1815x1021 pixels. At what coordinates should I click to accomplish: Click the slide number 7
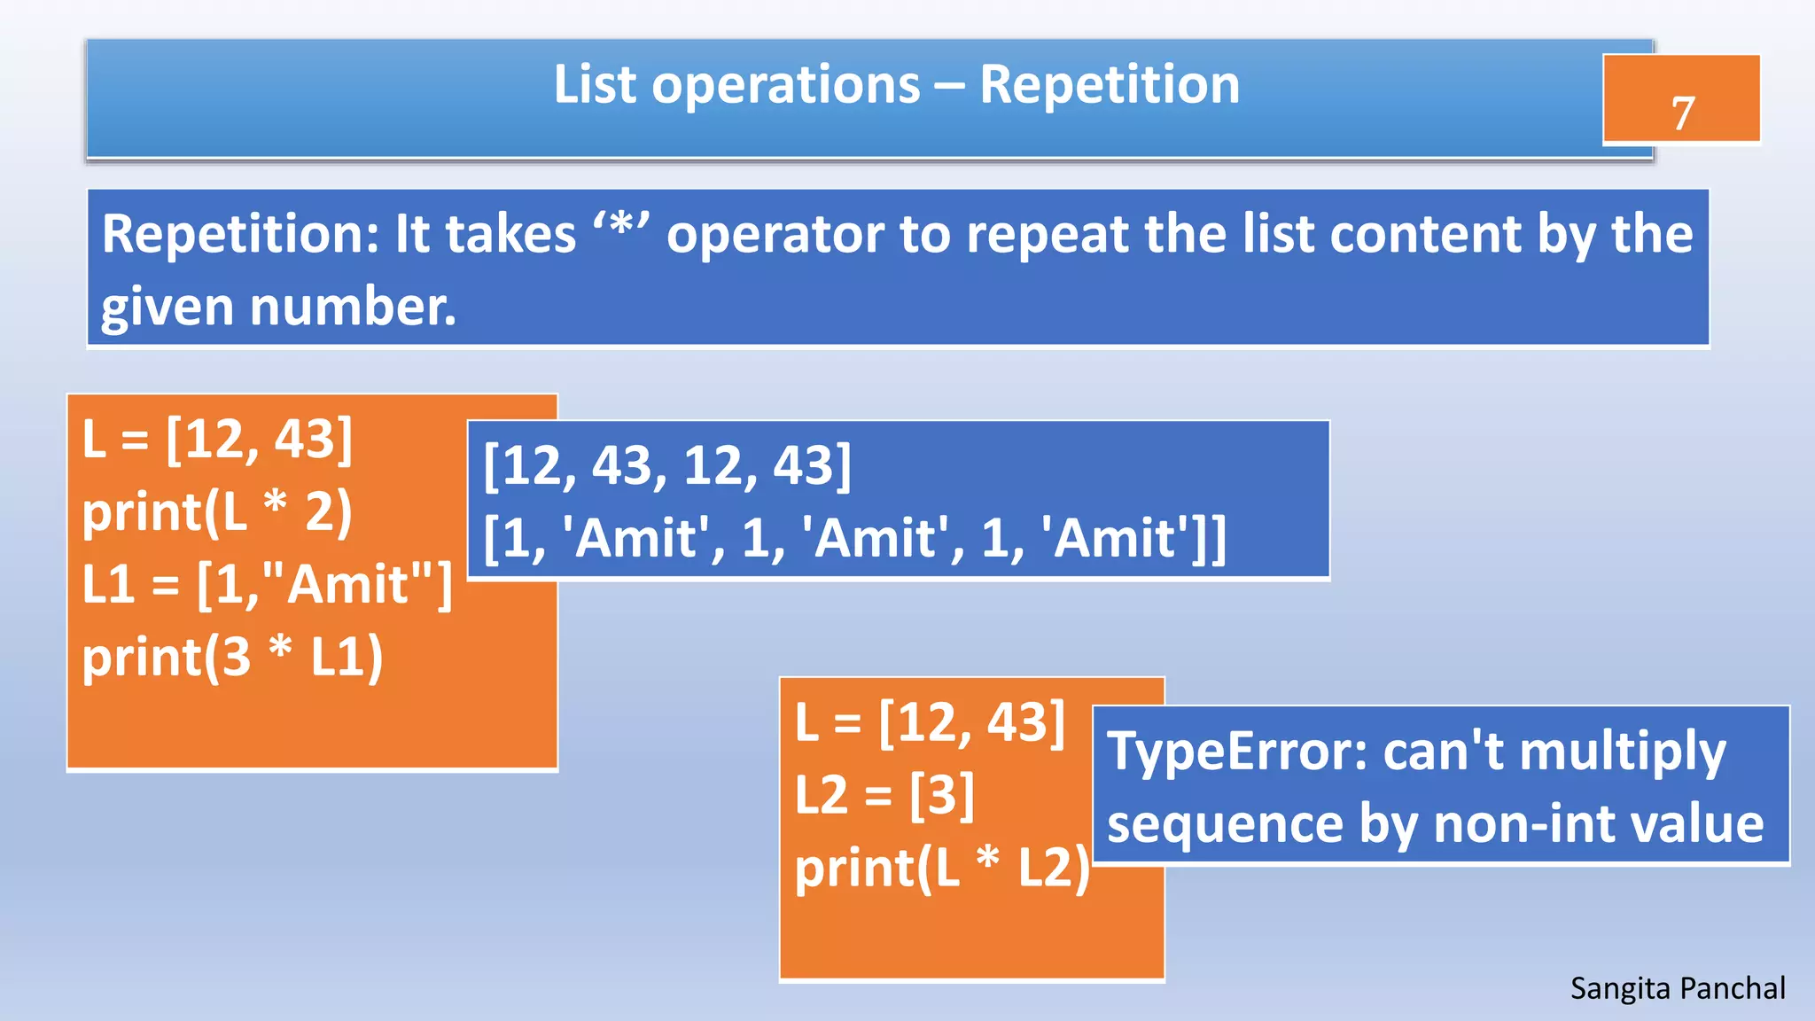(1682, 113)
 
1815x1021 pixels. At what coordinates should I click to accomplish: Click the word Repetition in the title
(1109, 85)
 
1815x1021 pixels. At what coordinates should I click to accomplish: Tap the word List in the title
(595, 85)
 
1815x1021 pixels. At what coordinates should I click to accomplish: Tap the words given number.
(278, 308)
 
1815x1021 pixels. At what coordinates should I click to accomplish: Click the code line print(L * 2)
(217, 512)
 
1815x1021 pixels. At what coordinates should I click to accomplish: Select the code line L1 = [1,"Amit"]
(267, 585)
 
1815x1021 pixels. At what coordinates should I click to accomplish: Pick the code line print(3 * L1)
(232, 658)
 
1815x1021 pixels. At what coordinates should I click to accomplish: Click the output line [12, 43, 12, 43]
(667, 465)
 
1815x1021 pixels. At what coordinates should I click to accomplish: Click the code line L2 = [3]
(884, 794)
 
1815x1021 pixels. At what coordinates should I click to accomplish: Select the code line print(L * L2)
(942, 868)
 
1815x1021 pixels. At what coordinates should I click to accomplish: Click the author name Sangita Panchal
(1677, 988)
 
